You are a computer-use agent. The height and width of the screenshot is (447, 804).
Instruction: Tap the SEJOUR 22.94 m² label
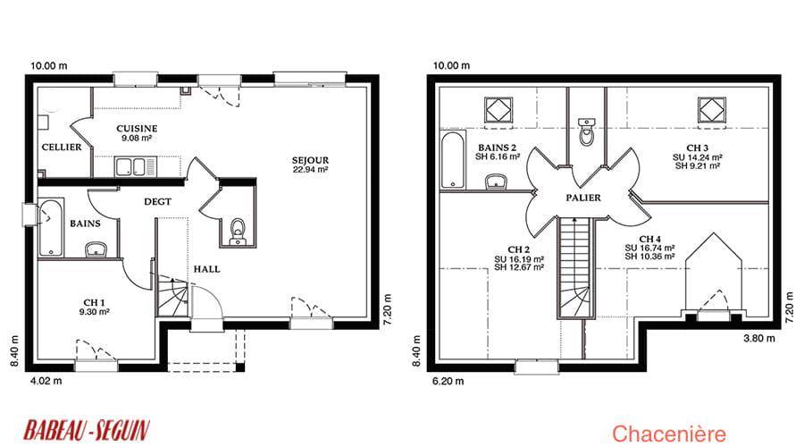(x=310, y=164)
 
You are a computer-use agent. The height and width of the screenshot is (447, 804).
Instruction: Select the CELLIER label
(x=62, y=148)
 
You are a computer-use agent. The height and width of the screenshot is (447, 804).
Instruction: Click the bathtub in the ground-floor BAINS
(x=51, y=228)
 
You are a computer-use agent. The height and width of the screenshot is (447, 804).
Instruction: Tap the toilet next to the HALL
(x=238, y=231)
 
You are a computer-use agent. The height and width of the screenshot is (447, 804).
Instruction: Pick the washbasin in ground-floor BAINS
(x=96, y=249)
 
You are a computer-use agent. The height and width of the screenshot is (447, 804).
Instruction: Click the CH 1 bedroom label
(x=95, y=307)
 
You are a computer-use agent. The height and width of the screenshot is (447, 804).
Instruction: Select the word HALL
(x=206, y=269)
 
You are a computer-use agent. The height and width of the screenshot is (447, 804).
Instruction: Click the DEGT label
(x=157, y=202)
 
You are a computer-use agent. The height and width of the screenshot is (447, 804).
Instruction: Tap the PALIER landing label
(x=583, y=198)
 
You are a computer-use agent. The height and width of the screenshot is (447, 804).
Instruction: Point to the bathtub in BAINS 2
(x=453, y=160)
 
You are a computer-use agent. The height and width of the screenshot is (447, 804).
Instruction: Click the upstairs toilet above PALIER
(x=587, y=132)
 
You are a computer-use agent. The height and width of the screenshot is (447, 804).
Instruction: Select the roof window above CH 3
(x=712, y=110)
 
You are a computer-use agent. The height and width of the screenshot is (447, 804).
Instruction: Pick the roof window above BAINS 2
(x=498, y=110)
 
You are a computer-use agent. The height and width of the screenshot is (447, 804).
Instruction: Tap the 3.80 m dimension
(x=759, y=338)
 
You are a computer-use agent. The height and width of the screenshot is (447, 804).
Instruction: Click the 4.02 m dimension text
(x=46, y=381)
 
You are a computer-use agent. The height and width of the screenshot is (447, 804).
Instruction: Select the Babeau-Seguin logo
(x=87, y=430)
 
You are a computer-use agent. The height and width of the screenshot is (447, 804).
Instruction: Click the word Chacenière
(x=669, y=434)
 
